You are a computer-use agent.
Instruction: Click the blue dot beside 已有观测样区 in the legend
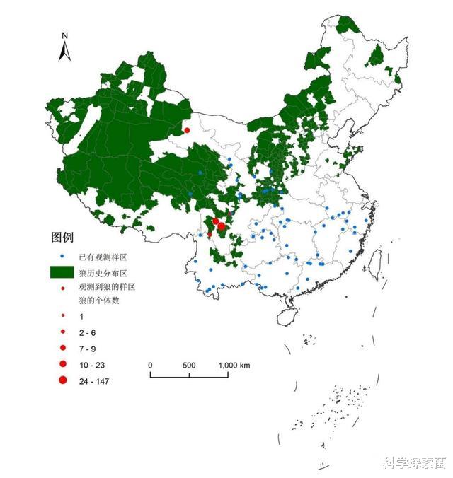coord(62,255)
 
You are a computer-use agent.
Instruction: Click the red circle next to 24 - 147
coord(62,381)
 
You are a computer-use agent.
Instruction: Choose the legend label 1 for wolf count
coord(81,316)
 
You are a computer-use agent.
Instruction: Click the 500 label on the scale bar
coord(189,366)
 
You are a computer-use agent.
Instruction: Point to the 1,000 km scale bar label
coord(234,366)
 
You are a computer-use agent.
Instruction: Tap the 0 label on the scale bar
coord(150,366)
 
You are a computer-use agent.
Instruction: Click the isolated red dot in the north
coord(187,130)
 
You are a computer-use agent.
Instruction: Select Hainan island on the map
coord(287,316)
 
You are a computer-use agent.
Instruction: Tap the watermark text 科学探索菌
coord(414,463)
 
